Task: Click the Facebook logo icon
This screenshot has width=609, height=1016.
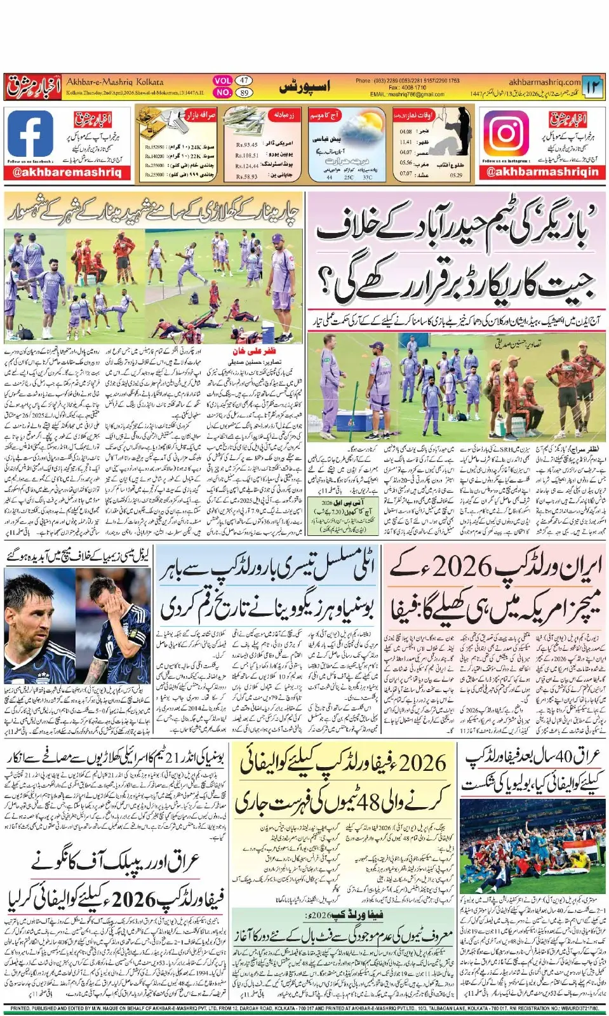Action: coord(30,134)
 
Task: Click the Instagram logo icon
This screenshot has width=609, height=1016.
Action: coord(506,134)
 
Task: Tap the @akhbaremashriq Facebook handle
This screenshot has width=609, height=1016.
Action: coord(67,172)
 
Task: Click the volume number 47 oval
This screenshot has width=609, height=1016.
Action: coord(244,81)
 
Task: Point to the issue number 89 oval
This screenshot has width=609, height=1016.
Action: coord(244,93)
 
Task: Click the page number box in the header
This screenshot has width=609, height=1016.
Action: coord(592,87)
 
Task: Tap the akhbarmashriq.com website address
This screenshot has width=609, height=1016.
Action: coord(544,82)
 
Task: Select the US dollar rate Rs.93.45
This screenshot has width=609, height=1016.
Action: coord(247,144)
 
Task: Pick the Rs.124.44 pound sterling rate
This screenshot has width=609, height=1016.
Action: coord(247,166)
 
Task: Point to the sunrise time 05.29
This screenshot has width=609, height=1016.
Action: coord(456,175)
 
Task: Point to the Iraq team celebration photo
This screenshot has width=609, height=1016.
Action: coord(529,845)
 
